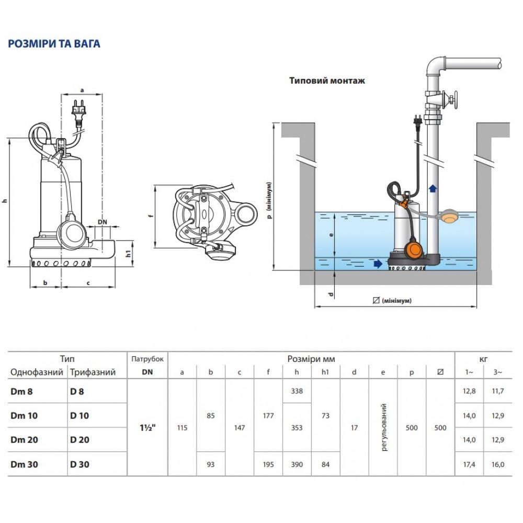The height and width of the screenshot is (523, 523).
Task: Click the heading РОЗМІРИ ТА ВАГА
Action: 54,44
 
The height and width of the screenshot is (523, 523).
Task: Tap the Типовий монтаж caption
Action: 327,81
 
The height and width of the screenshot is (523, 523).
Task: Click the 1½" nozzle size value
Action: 148,427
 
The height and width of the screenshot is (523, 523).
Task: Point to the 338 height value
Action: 297,391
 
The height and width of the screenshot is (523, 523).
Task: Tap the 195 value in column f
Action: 268,464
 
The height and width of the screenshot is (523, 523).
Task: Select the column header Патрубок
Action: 147,359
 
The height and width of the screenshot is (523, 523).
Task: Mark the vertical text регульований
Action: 384,427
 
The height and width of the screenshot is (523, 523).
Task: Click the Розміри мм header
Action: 311,359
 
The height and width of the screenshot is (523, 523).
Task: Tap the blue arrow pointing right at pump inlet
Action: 378,265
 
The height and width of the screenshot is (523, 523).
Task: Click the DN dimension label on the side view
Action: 103,222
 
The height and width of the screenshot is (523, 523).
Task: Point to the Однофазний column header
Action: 36,372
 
